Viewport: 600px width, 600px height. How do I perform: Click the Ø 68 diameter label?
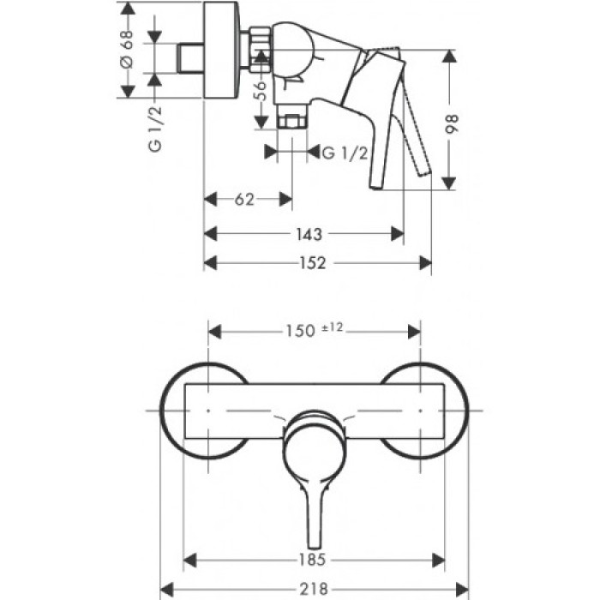(x=127, y=52)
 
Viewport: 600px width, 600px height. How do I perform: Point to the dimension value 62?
(x=244, y=200)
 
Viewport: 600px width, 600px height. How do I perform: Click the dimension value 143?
(x=309, y=233)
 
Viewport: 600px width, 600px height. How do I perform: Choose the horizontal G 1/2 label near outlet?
(x=346, y=153)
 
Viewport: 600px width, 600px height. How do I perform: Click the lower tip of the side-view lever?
(x=375, y=183)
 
